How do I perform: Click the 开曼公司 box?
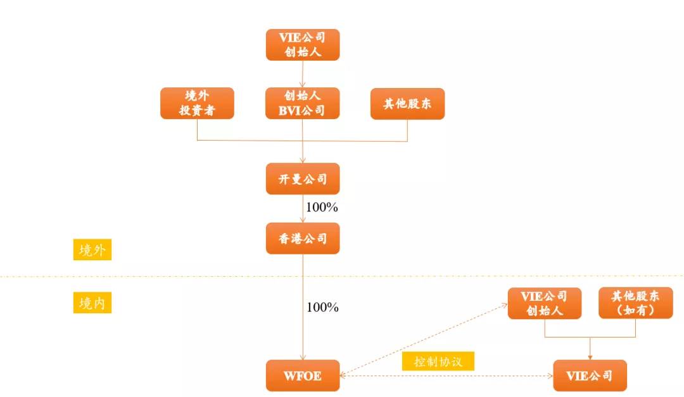[x=303, y=179]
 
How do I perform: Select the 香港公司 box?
[x=303, y=238]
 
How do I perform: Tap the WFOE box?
[x=303, y=375]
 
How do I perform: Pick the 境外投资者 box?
[x=197, y=103]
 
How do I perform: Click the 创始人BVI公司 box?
[x=302, y=103]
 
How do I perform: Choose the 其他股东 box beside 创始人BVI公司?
[x=407, y=104]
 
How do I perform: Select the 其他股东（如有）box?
[x=636, y=303]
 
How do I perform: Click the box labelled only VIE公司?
[x=590, y=375]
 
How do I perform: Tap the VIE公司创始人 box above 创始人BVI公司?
[x=303, y=45]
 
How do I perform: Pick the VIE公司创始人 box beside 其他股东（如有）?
[x=545, y=303]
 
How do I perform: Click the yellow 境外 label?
[x=92, y=249]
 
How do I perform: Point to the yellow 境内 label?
[x=92, y=302]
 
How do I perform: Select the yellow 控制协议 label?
[x=438, y=362]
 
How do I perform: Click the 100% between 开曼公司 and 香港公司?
[x=322, y=207]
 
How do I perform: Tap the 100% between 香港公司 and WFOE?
[x=322, y=307]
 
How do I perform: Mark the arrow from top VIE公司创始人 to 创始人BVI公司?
[x=302, y=74]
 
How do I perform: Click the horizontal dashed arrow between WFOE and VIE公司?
[x=446, y=375]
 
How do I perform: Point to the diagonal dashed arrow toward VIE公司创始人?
[x=424, y=340]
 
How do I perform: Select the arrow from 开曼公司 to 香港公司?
[x=303, y=208]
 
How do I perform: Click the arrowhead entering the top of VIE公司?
[x=590, y=357]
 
